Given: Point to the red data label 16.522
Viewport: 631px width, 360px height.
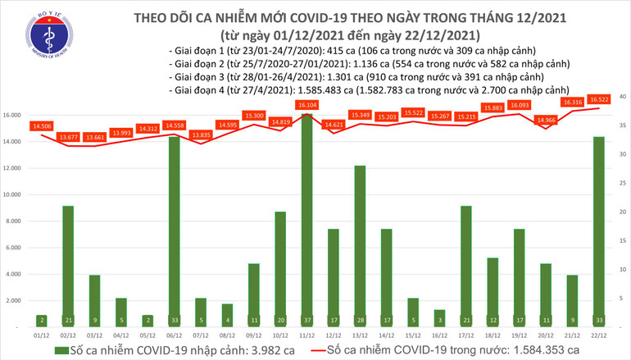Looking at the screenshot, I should (597, 98).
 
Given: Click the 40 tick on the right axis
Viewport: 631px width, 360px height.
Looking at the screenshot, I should (622, 97).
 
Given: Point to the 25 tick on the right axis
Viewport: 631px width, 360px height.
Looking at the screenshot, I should (622, 184).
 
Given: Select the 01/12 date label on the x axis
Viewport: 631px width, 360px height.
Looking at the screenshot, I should (40, 335).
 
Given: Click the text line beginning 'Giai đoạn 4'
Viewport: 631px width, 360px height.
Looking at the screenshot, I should (367, 89).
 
